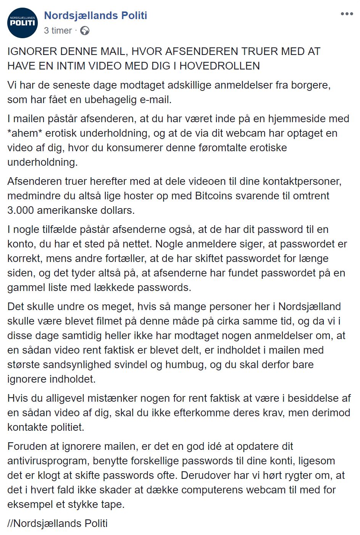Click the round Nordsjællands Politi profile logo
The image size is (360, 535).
(x=23, y=23)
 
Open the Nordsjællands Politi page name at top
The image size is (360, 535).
(x=95, y=16)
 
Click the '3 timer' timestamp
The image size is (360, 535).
(x=58, y=31)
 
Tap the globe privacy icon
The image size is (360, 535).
(x=85, y=31)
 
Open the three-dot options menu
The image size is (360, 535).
(x=347, y=14)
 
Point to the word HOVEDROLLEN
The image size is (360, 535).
(x=220, y=66)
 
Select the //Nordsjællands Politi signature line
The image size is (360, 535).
(x=57, y=523)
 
